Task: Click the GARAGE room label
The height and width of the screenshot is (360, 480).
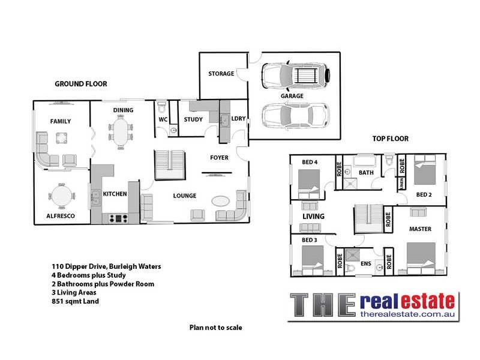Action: (292, 96)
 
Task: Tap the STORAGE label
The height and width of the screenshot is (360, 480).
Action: (221, 74)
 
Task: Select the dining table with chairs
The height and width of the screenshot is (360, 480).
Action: (121, 131)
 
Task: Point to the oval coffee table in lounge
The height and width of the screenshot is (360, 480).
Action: (220, 201)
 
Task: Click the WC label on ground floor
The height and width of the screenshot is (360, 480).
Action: (163, 119)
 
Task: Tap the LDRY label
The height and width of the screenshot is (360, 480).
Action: (238, 119)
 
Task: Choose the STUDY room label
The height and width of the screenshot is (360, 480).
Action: (193, 119)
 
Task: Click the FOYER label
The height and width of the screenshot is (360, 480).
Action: (219, 158)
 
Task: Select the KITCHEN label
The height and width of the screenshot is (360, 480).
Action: (115, 194)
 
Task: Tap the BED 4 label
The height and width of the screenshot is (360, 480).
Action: (309, 162)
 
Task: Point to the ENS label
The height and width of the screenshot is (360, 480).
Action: (365, 263)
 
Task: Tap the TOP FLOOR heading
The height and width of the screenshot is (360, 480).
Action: (390, 139)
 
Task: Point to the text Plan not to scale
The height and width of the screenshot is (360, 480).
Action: (215, 328)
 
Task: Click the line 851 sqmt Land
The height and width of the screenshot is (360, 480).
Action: (74, 301)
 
